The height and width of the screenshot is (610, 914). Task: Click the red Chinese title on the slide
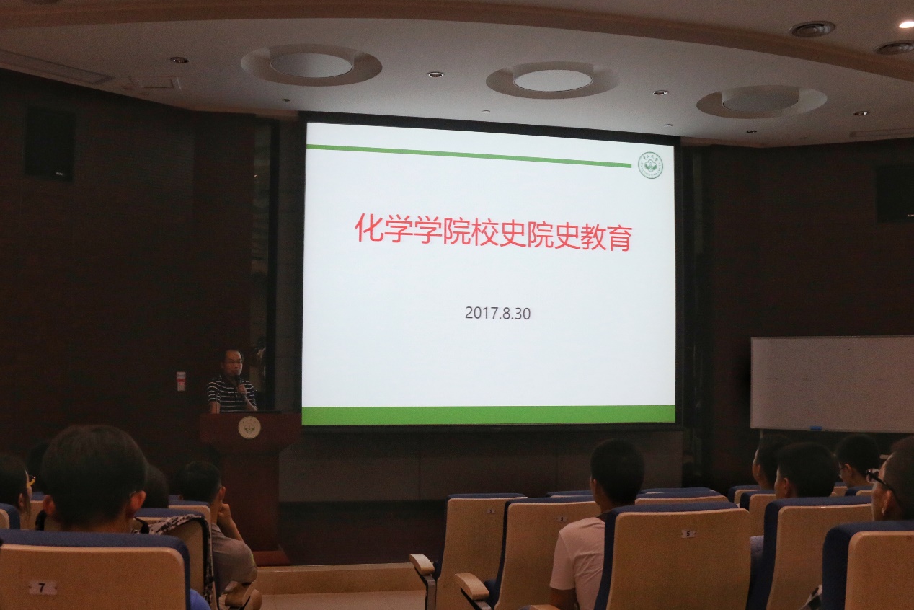[493, 231]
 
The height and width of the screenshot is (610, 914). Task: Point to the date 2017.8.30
[497, 313]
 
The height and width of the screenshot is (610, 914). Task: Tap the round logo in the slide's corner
[650, 165]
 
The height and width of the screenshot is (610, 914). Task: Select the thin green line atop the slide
[469, 156]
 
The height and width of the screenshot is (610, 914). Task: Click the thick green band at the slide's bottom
[489, 415]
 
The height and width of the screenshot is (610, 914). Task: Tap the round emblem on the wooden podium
[249, 427]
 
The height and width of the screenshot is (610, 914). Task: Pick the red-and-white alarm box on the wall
[181, 381]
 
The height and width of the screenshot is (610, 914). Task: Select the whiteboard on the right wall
[832, 383]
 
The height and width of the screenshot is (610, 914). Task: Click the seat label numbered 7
[43, 587]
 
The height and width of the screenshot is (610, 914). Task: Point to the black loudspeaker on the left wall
[49, 144]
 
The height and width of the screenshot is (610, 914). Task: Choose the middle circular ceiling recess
[552, 80]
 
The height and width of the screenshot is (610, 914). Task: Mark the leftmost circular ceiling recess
[311, 65]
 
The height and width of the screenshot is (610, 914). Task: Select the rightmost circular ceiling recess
[761, 100]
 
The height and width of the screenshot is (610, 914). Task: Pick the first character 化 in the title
[368, 228]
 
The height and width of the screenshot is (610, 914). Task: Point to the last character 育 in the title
[618, 237]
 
